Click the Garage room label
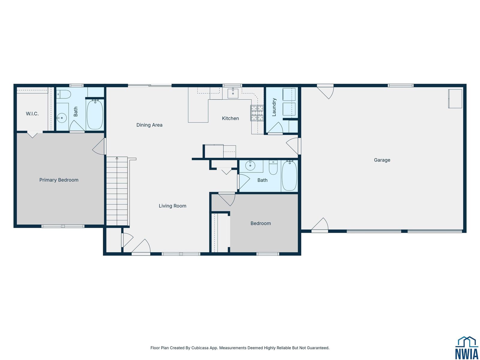(x=382, y=160)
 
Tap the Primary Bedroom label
(x=59, y=180)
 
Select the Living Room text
(x=172, y=206)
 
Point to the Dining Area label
(x=149, y=125)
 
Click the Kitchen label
(x=230, y=118)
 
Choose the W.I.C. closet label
(x=32, y=114)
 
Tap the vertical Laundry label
(x=274, y=107)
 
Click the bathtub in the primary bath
(x=95, y=114)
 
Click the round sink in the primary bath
(x=62, y=118)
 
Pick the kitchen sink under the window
(x=233, y=93)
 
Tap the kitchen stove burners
(x=257, y=113)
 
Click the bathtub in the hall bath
(x=289, y=175)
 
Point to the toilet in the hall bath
(x=273, y=167)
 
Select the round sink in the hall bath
(x=250, y=166)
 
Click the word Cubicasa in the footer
(x=200, y=348)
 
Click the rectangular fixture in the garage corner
(x=455, y=99)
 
